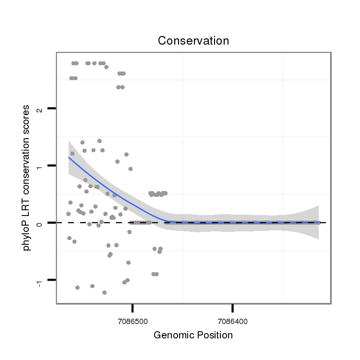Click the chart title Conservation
pos(193,41)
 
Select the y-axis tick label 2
pos(41,109)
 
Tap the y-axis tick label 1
pos(41,166)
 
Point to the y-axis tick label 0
pos(41,223)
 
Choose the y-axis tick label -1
pos(41,282)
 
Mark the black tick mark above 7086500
pos(133,307)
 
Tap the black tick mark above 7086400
pos(233,307)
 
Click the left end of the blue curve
pos(69,157)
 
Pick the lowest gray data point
pos(104,292)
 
